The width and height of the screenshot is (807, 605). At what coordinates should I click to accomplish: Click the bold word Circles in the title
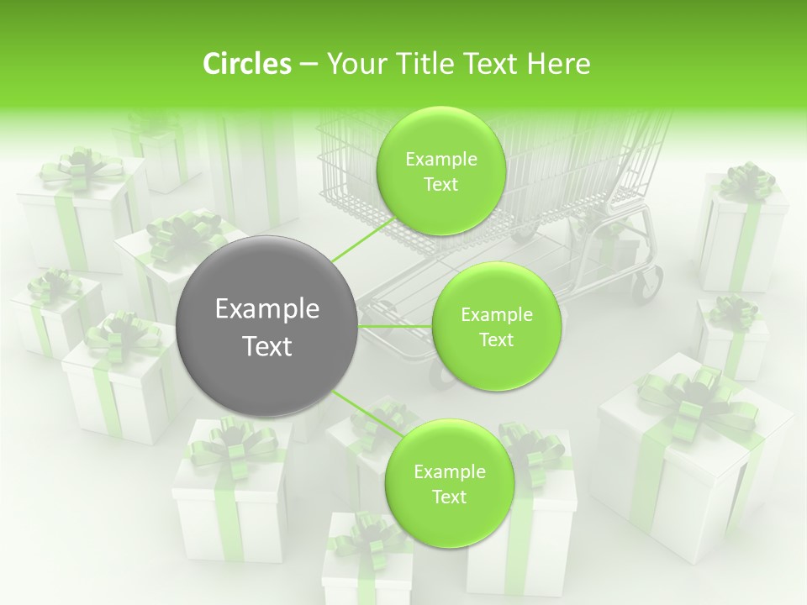click(x=246, y=64)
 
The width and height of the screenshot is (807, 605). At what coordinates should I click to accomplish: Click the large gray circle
click(x=267, y=326)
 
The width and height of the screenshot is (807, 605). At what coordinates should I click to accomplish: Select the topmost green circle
click(x=440, y=171)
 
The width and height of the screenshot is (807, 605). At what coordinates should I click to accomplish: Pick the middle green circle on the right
click(x=496, y=326)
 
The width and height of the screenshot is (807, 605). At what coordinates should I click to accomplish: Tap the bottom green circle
click(x=449, y=483)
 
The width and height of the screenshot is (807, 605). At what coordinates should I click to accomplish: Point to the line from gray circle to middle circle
click(x=395, y=326)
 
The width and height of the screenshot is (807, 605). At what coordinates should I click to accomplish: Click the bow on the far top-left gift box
click(x=81, y=167)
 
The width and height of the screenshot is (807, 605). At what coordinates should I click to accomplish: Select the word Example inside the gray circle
click(x=267, y=309)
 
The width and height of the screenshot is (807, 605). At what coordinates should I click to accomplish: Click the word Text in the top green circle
click(x=440, y=185)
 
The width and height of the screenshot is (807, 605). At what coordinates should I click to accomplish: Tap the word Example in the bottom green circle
click(x=449, y=471)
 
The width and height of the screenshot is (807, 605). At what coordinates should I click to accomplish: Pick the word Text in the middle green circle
click(x=496, y=339)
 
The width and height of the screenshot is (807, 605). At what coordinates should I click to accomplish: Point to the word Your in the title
click(x=352, y=64)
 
